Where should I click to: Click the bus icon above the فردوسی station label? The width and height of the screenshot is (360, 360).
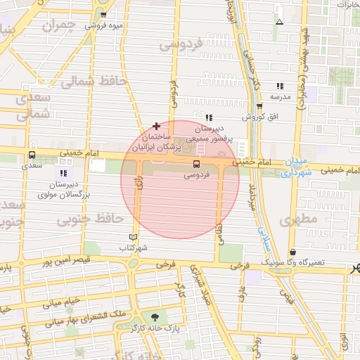pyautogui.click(x=196, y=163)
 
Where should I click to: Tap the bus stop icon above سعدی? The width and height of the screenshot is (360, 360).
pyautogui.click(x=32, y=155)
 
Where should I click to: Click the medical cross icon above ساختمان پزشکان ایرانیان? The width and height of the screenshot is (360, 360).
pyautogui.click(x=156, y=125)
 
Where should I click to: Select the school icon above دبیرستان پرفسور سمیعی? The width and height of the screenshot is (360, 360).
pyautogui.click(x=209, y=117)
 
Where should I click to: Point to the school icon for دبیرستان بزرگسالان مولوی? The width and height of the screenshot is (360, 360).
pyautogui.click(x=64, y=173)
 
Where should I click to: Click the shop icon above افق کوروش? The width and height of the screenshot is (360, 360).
pyautogui.click(x=259, y=107)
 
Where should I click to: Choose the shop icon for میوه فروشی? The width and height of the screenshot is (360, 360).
pyautogui.click(x=103, y=15)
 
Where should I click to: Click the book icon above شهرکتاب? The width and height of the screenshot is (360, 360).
pyautogui.click(x=133, y=237)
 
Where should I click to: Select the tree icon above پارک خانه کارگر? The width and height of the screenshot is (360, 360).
pyautogui.click(x=155, y=317)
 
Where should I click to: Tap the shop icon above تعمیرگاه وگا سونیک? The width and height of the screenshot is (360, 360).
pyautogui.click(x=292, y=252)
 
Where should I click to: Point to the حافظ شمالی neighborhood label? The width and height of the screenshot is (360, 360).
pyautogui.click(x=92, y=82)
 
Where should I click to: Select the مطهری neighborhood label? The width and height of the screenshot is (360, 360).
pyautogui.click(x=299, y=219)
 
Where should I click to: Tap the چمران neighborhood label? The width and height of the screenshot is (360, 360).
pyautogui.click(x=58, y=26)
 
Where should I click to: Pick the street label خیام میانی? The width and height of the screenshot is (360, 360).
pyautogui.click(x=63, y=303)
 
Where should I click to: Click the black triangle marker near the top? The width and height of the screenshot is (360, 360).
pyautogui.click(x=280, y=22)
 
